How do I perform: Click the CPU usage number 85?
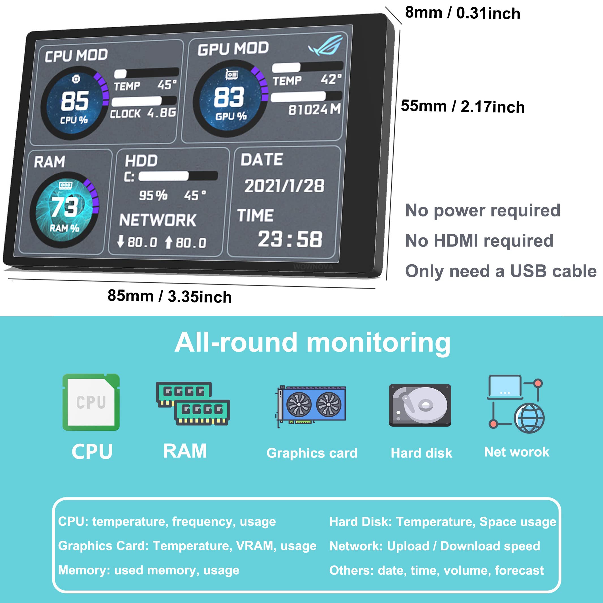75,101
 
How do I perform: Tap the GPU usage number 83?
229,97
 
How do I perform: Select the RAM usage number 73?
65,207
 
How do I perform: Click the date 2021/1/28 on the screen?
284,186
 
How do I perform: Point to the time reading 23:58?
290,239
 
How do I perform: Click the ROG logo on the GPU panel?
327,46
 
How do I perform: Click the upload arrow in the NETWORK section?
169,242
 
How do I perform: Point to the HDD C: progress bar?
178,176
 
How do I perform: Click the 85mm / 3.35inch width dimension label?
169,296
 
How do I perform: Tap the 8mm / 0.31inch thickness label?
463,13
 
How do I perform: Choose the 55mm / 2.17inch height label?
463,106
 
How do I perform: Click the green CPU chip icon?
91,402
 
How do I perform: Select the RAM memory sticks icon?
193,403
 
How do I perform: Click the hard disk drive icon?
420,405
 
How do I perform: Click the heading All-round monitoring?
312,343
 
